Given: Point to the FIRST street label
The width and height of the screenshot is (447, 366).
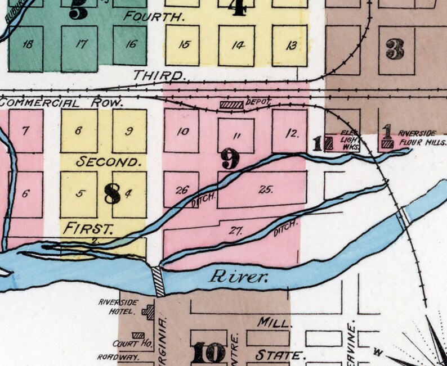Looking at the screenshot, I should click(x=88, y=228).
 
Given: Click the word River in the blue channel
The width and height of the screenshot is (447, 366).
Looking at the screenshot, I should click(x=237, y=277).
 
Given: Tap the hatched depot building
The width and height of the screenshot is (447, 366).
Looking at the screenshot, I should click(x=231, y=105).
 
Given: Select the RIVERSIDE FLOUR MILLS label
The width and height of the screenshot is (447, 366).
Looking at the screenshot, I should click(x=417, y=137).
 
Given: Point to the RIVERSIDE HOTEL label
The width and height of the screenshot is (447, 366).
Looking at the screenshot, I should click(x=118, y=306).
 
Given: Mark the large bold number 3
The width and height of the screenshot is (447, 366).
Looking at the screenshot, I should click(x=395, y=49).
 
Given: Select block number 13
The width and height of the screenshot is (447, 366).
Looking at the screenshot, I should click(x=290, y=46).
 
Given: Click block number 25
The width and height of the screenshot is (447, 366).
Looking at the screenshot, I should click(x=266, y=189).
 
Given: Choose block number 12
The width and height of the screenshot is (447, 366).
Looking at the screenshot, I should click(x=290, y=134).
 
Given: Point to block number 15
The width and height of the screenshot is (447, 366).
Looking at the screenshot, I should click(x=184, y=45).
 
